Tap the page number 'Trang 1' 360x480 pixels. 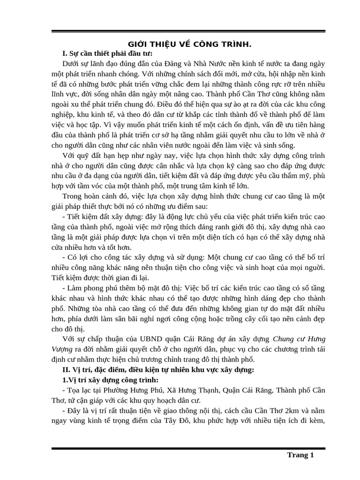pos(300,455)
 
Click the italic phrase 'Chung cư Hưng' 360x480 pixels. pos(299,339)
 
